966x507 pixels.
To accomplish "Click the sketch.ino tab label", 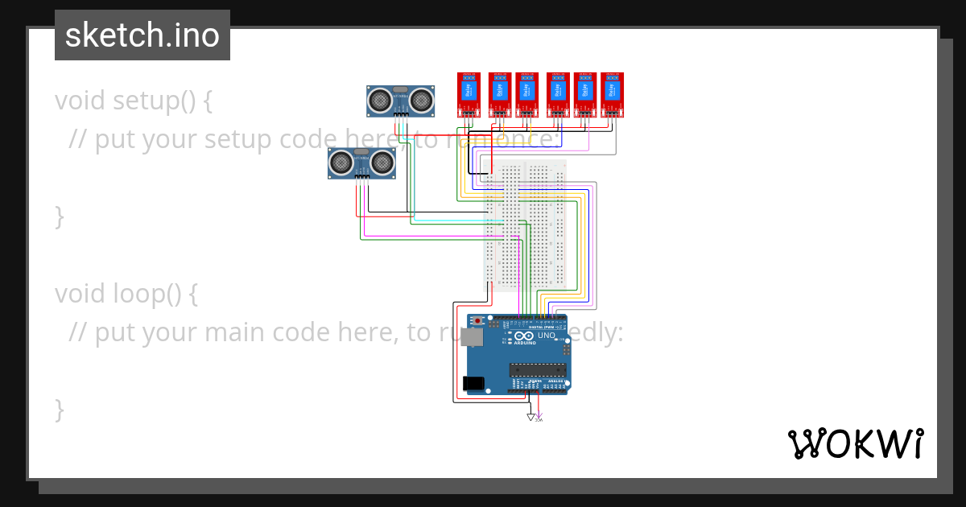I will (142, 35).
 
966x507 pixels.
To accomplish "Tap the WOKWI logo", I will (855, 443).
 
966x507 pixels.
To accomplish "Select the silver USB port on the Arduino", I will (472, 337).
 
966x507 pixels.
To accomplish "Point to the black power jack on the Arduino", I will (474, 384).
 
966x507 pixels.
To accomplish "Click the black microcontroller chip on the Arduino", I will (537, 369).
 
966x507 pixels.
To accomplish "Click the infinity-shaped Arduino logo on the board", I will (524, 336).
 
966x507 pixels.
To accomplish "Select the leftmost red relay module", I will (469, 93).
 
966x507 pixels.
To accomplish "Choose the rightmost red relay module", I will (612, 93).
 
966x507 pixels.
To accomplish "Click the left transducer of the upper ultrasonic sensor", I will (379, 100).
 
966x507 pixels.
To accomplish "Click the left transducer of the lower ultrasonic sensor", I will (341, 163).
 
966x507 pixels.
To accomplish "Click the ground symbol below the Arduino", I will (530, 417).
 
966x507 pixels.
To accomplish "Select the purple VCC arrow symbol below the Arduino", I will (539, 415).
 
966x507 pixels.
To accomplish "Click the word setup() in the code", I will (154, 101).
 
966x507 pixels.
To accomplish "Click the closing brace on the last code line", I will (59, 409).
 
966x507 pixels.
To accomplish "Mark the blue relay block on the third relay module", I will (526, 89).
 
